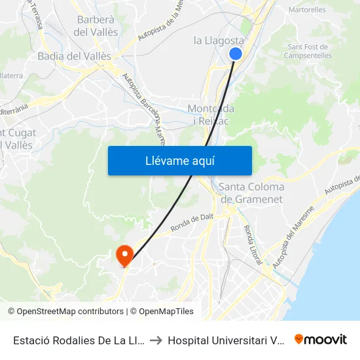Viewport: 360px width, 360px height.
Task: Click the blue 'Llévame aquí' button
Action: pos(179,161)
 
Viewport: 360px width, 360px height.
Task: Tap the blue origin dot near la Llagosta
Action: pos(236,54)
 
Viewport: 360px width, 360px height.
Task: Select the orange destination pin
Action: pos(124,255)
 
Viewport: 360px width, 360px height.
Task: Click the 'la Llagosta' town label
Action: pos(219,41)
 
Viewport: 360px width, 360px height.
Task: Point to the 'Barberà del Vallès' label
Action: pos(97,26)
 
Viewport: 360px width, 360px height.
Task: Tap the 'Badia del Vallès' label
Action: pos(74,56)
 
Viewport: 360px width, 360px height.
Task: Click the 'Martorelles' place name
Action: pos(307,10)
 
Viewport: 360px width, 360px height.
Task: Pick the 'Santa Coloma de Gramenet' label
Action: pos(251,193)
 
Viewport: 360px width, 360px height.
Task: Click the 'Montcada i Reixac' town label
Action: pos(211,115)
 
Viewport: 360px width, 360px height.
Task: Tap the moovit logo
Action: pos(321,339)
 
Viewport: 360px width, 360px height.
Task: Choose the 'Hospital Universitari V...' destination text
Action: pos(225,340)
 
